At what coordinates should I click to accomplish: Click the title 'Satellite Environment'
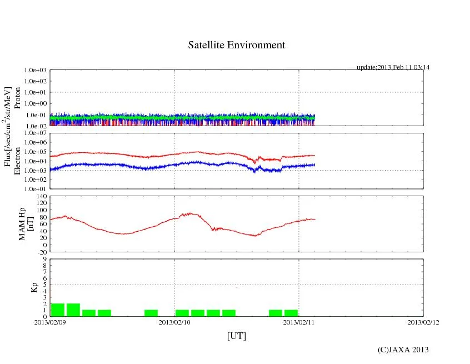pyautogui.click(x=236, y=45)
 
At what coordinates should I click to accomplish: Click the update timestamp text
pyautogui.click(x=393, y=67)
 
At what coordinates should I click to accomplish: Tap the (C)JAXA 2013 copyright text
pyautogui.click(x=403, y=350)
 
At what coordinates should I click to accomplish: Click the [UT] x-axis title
pyautogui.click(x=236, y=336)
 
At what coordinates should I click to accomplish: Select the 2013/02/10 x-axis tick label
pyautogui.click(x=174, y=322)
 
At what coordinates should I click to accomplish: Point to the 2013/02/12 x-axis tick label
pyautogui.click(x=423, y=322)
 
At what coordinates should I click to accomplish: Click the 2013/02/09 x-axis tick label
pyautogui.click(x=50, y=322)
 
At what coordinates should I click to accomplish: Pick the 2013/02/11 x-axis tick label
pyautogui.click(x=299, y=322)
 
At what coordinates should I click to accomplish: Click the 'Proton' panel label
pyautogui.click(x=17, y=98)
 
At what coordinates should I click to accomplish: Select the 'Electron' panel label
pyautogui.click(x=17, y=161)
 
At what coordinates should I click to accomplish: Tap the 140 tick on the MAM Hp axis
pyautogui.click(x=41, y=196)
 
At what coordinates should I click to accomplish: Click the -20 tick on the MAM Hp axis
pyautogui.click(x=41, y=252)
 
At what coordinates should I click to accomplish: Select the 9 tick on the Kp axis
pyautogui.click(x=44, y=259)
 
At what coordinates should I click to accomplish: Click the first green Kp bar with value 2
pyautogui.click(x=58, y=310)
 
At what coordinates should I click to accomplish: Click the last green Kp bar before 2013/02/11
pyautogui.click(x=291, y=313)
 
